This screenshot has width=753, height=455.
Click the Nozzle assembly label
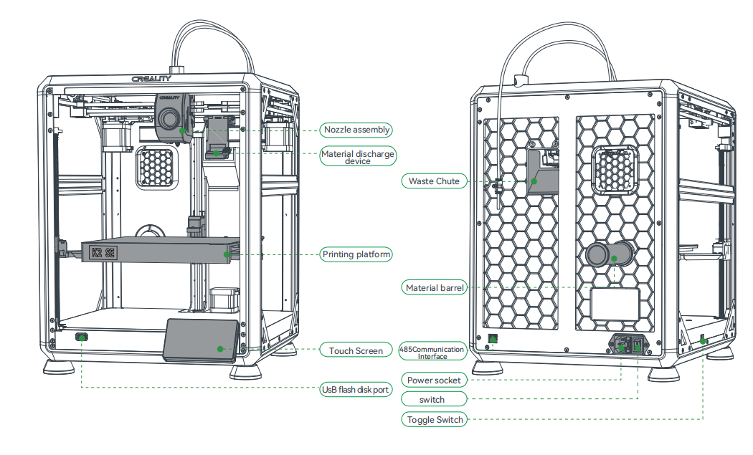[356, 130]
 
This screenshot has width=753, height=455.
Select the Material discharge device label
[357, 157]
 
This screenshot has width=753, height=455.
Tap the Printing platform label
[356, 254]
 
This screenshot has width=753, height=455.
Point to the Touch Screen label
[356, 350]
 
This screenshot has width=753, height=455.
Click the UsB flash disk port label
[356, 390]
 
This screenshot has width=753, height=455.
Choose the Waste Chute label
[434, 181]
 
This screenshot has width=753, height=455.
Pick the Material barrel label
[435, 288]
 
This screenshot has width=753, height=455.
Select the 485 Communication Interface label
[432, 351]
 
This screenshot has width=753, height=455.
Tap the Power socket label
[433, 380]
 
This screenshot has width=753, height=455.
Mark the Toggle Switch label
[434, 419]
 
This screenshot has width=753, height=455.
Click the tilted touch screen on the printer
[202, 340]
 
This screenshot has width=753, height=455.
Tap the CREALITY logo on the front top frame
[151, 79]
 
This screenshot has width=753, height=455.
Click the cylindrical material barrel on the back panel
[610, 254]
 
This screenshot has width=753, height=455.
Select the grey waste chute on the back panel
[544, 173]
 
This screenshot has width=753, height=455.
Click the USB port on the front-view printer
[82, 337]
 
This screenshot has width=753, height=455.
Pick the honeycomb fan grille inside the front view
[156, 167]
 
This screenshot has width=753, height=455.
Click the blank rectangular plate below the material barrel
[614, 304]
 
